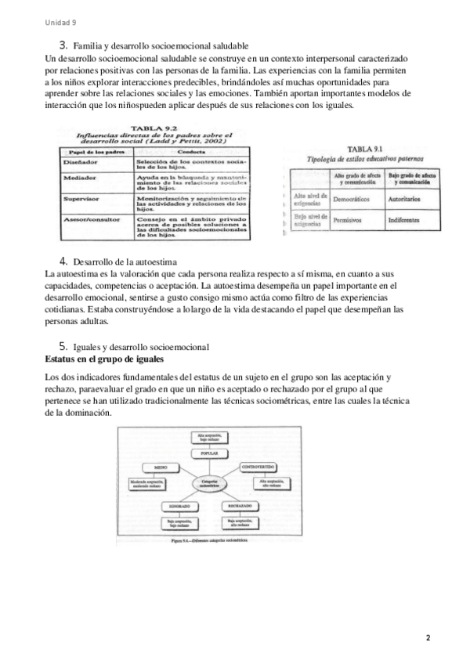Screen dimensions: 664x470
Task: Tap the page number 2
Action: [x=428, y=638]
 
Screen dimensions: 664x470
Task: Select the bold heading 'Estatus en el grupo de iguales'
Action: [x=105, y=359]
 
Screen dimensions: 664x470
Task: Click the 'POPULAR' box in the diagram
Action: [x=209, y=453]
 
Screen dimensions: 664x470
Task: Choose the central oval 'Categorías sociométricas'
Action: [x=209, y=483]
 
